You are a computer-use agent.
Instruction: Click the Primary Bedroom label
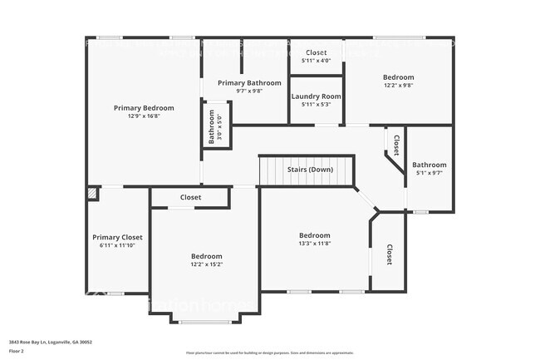click(x=144, y=108)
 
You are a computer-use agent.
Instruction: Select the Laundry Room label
click(x=316, y=96)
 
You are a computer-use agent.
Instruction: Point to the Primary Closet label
click(x=117, y=237)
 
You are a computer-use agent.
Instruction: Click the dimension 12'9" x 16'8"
click(x=144, y=116)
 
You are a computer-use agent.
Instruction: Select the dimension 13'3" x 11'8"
click(x=315, y=244)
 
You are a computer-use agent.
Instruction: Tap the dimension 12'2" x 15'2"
click(x=206, y=264)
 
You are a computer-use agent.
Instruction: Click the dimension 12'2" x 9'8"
click(x=398, y=86)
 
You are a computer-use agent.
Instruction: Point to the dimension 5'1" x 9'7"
click(x=430, y=173)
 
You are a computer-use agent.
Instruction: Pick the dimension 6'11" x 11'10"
click(x=117, y=245)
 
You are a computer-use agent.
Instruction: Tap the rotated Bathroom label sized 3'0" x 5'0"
click(x=215, y=127)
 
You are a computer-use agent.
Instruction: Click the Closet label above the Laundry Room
click(x=316, y=52)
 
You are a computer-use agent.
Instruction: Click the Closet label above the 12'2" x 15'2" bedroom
click(x=190, y=197)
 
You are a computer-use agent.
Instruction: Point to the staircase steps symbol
click(x=272, y=170)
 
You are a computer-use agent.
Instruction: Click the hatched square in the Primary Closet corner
click(x=92, y=193)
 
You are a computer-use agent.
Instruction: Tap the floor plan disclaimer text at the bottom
click(x=270, y=353)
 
